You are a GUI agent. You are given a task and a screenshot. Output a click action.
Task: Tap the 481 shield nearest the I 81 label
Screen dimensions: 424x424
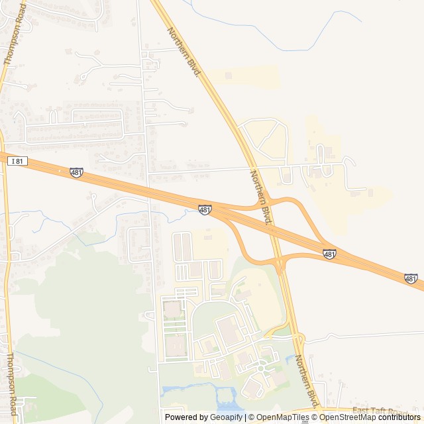[x=76, y=172]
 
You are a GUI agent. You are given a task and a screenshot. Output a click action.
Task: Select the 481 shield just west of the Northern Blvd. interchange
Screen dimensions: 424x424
[x=205, y=209]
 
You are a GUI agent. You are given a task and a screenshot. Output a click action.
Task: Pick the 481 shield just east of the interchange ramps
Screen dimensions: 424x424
[x=329, y=254]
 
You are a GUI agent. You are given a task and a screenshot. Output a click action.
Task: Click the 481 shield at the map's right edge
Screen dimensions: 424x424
[x=411, y=279]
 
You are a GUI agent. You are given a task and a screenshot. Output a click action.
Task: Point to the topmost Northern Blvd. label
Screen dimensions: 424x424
[x=184, y=51]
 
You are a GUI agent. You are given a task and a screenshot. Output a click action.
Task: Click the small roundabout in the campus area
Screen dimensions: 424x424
[x=262, y=366]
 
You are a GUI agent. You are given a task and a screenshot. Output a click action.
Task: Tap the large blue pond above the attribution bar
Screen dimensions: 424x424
[x=228, y=398]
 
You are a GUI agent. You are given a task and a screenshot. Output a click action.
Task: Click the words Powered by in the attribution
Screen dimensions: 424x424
[x=186, y=417]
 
